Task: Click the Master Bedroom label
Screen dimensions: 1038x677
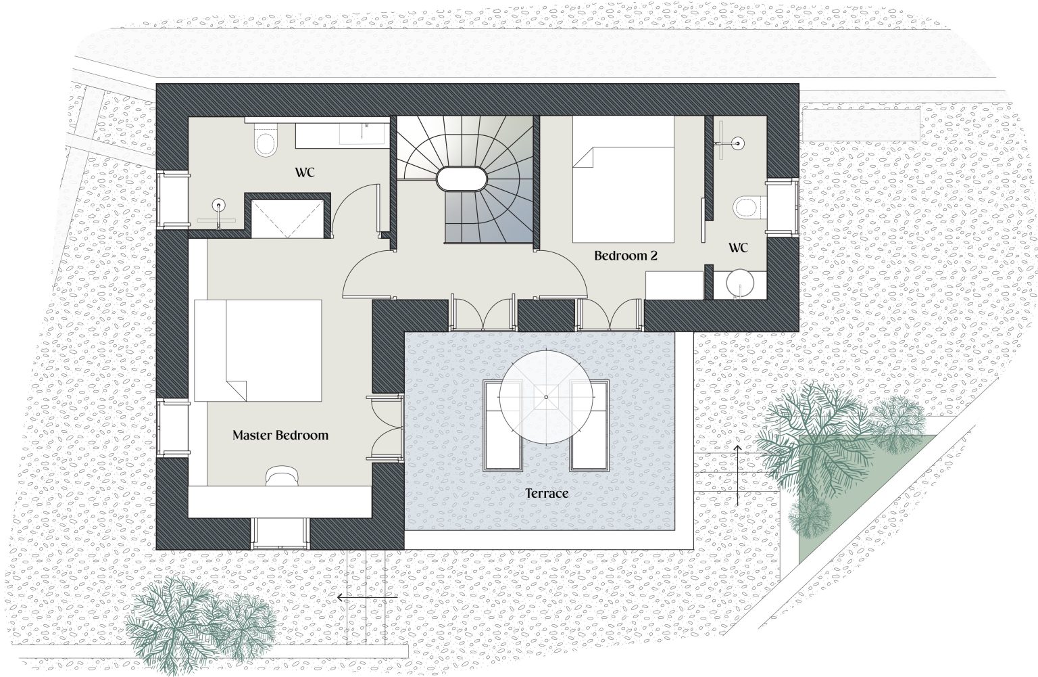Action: tap(280, 436)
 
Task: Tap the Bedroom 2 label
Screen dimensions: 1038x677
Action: tap(626, 256)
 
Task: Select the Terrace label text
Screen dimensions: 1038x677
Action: tap(547, 493)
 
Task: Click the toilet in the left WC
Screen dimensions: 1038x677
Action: tap(266, 139)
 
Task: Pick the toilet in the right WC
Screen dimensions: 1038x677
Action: tap(750, 207)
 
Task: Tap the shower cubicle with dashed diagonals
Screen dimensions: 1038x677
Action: tap(287, 219)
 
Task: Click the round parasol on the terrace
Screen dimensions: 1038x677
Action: tap(546, 397)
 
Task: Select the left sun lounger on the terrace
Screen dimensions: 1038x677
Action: tap(503, 425)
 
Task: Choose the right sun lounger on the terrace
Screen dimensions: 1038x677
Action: tap(589, 425)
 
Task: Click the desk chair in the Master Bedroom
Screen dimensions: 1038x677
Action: tap(282, 477)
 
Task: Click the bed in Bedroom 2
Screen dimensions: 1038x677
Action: tap(623, 179)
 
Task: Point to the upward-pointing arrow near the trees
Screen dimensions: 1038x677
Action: tap(737, 475)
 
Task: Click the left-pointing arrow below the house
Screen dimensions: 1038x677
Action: tap(367, 598)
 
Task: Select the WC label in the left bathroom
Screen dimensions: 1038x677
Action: tap(305, 172)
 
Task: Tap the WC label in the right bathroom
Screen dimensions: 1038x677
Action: tap(738, 248)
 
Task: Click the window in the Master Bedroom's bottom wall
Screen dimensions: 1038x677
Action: tap(280, 533)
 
